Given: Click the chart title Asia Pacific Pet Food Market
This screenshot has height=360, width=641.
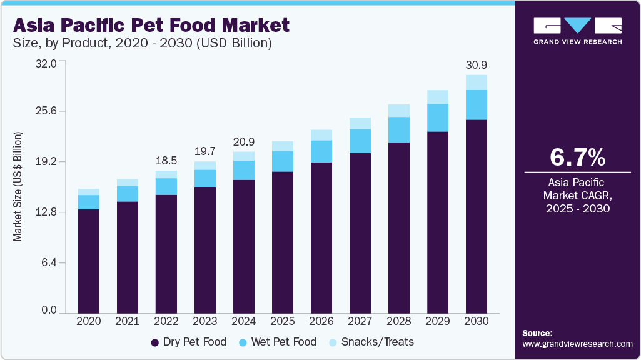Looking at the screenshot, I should [x=151, y=25].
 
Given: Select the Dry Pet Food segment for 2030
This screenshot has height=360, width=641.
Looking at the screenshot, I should [x=477, y=216].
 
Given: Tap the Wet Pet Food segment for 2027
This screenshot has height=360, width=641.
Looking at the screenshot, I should [x=360, y=141].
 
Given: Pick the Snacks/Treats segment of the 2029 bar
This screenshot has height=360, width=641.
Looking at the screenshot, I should [x=438, y=97].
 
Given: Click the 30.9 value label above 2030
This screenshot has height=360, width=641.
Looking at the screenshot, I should [x=477, y=65].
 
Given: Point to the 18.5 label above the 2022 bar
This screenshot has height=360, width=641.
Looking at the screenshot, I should [x=166, y=161].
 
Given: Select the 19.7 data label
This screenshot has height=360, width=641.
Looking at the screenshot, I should [x=205, y=152].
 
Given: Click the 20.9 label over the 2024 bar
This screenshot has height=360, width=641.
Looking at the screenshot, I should [x=244, y=142].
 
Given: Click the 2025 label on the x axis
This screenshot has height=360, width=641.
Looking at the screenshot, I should [x=283, y=321].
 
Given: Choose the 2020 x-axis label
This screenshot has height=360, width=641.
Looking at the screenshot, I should [x=88, y=321].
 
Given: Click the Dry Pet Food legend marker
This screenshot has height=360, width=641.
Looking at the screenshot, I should [x=154, y=342].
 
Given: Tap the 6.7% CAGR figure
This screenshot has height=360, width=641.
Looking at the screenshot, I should [x=577, y=157].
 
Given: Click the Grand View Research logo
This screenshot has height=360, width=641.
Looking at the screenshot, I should [x=577, y=31].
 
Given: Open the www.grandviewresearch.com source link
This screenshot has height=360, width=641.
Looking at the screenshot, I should [x=577, y=344].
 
